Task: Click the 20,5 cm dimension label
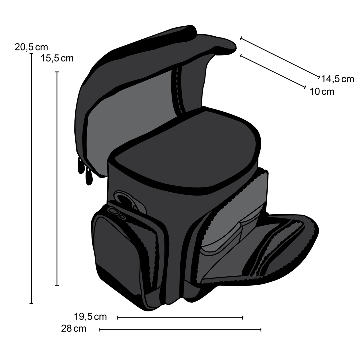click(x=31, y=47)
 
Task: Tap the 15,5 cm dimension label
click(x=57, y=58)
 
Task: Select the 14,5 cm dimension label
click(x=337, y=79)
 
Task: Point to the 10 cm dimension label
click(x=322, y=92)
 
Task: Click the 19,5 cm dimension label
click(x=90, y=317)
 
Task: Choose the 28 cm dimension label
click(x=73, y=328)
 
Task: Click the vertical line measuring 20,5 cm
click(x=31, y=178)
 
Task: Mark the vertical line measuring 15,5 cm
click(x=57, y=178)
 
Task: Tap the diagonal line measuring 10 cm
click(x=273, y=71)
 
